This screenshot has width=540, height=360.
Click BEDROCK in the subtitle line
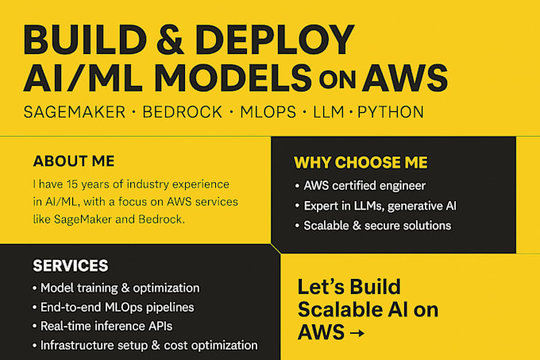click(x=182, y=112)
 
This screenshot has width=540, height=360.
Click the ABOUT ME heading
click(x=74, y=161)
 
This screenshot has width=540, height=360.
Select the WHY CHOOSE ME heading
click(x=361, y=163)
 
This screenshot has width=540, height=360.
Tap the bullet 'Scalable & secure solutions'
click(x=377, y=226)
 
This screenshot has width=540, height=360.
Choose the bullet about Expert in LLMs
click(x=380, y=206)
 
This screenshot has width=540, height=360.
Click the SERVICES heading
click(x=71, y=265)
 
